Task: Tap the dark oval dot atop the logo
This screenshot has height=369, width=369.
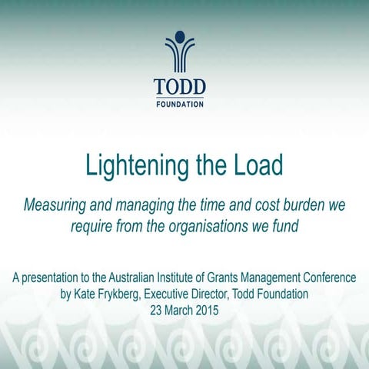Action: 178,36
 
